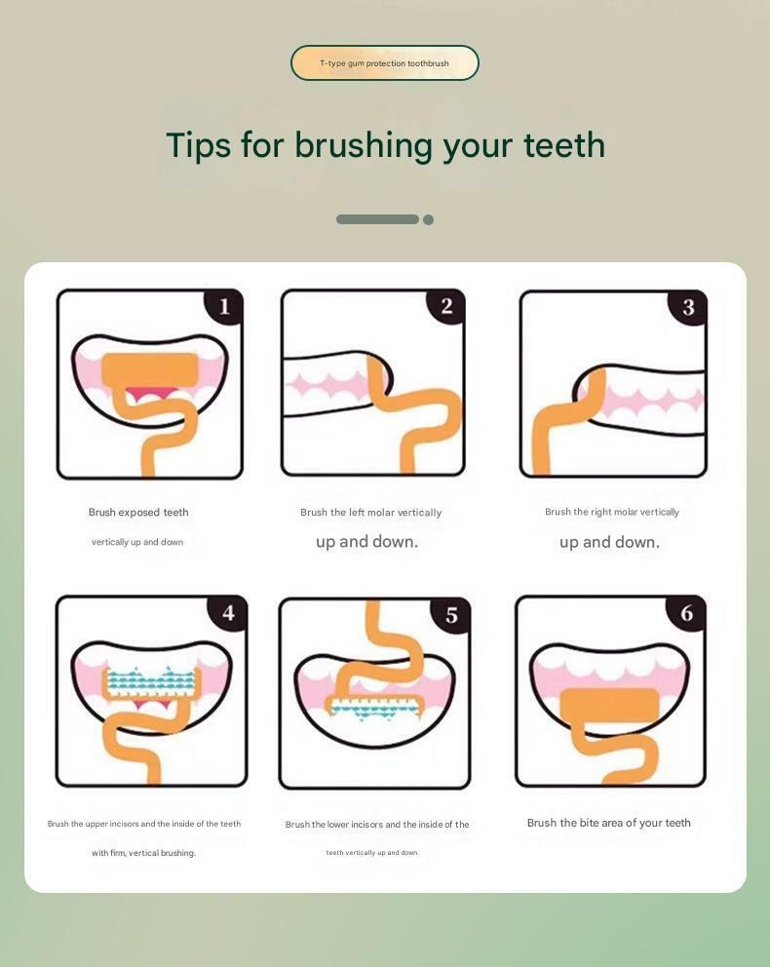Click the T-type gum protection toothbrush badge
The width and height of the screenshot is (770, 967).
click(x=384, y=63)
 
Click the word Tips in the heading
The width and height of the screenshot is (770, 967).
click(x=198, y=145)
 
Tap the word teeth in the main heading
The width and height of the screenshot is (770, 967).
click(x=563, y=145)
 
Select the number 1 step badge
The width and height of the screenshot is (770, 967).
click(x=224, y=307)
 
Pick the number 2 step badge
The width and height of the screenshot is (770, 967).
click(x=446, y=307)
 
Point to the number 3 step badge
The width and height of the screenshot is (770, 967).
click(x=688, y=308)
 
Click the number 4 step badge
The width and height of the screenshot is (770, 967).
click(x=228, y=613)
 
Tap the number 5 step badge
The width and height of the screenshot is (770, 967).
click(x=451, y=615)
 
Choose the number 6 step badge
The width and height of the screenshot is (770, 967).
click(x=687, y=613)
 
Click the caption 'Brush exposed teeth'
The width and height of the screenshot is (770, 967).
click(x=138, y=513)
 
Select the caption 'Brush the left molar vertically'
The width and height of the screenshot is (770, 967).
click(x=370, y=513)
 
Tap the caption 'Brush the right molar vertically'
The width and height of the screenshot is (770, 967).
click(x=612, y=512)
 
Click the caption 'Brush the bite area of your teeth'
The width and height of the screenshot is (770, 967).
click(x=608, y=823)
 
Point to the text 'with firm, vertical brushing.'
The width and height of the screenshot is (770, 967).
click(x=143, y=853)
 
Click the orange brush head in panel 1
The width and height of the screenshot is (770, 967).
click(x=150, y=369)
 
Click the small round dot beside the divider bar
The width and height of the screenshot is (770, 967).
click(x=428, y=219)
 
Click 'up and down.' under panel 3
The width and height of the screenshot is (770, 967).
click(x=609, y=543)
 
